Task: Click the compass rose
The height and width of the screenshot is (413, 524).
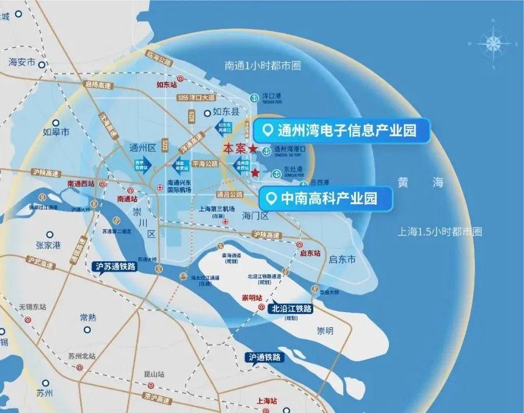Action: coord(493,43)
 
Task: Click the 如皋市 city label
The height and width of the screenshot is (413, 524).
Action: coord(56,132)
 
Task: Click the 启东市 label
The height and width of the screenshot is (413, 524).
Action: coord(342,260)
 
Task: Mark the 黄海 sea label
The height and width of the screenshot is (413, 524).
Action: coord(420,183)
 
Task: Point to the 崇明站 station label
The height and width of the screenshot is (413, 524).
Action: coord(252,298)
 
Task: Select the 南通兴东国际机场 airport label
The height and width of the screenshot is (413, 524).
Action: coord(179,185)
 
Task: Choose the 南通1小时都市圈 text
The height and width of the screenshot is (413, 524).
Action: coord(263,66)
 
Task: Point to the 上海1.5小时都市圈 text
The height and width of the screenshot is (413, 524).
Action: coord(440,232)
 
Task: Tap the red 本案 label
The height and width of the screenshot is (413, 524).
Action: coord(235,149)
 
